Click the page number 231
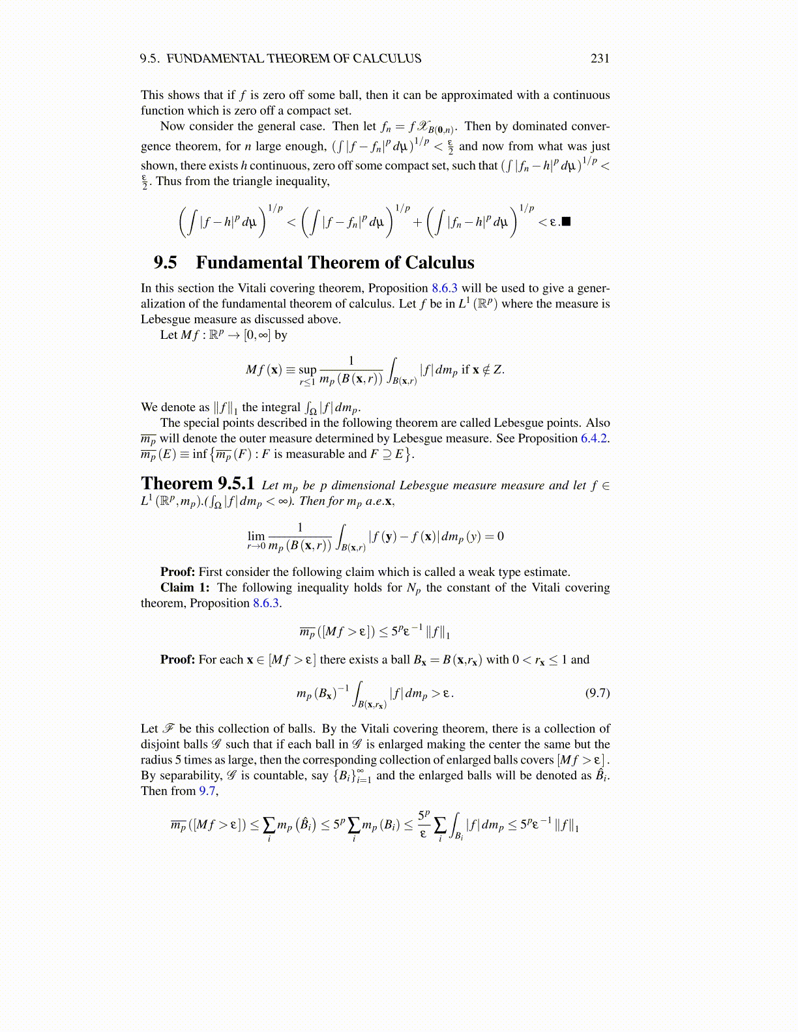(x=600, y=59)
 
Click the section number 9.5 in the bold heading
(x=165, y=263)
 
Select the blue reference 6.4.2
(x=594, y=438)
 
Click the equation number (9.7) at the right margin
(x=597, y=693)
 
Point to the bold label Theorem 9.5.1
(x=198, y=484)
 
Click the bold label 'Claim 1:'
(x=185, y=588)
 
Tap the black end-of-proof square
(x=566, y=222)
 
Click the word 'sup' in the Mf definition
(x=307, y=369)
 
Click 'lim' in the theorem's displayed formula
(x=256, y=536)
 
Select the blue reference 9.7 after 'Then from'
(x=207, y=791)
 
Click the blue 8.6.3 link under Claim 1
(x=266, y=603)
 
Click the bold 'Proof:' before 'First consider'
(x=178, y=572)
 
